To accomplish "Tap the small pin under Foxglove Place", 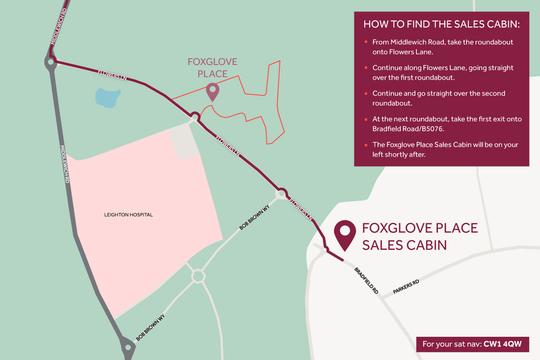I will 212,91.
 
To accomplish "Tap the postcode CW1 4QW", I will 504,344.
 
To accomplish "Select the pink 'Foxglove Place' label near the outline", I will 213,66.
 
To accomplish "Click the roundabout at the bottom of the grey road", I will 128,348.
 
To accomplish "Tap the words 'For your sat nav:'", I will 453,344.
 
